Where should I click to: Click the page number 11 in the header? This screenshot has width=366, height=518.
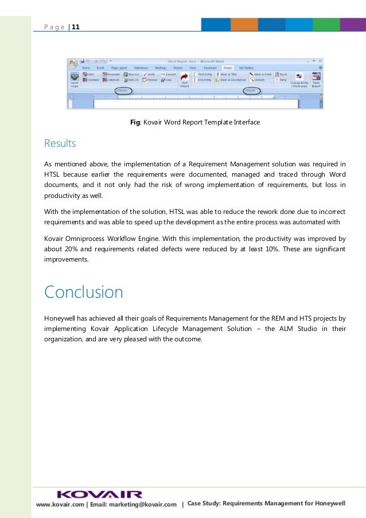coord(76,26)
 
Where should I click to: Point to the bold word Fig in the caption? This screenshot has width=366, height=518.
coord(136,122)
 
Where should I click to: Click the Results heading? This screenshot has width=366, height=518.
coord(60,143)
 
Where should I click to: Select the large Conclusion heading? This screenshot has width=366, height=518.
coord(83,293)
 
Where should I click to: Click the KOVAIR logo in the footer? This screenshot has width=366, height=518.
coord(100,494)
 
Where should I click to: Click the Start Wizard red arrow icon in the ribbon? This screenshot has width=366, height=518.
coord(185,77)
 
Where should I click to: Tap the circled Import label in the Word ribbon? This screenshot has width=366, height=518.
coord(251,91)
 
